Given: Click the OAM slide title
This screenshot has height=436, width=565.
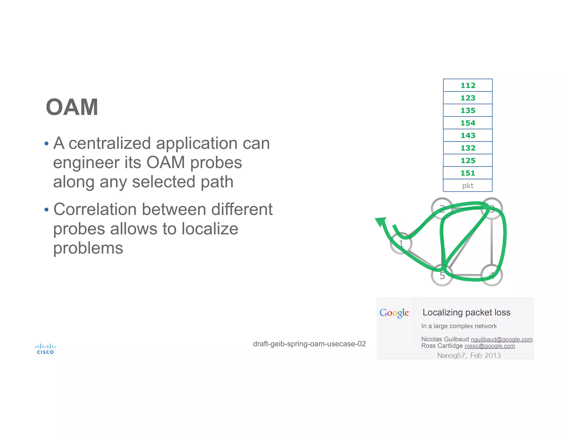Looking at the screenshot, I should point(72,107).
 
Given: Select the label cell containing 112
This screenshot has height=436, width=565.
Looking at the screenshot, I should point(468,85).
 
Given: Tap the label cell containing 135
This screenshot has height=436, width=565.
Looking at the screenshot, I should point(468,111).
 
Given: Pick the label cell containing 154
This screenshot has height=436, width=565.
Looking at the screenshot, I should point(468,123).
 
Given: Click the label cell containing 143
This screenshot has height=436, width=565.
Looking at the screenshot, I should point(468,136).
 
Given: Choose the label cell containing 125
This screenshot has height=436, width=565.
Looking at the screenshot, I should point(468,161).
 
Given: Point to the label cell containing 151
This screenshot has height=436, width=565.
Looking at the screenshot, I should point(468,173).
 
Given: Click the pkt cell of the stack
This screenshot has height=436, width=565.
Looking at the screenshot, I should point(468,186).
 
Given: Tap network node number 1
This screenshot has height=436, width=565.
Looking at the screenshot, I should point(401,243).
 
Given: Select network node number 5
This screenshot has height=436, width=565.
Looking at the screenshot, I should point(442,275).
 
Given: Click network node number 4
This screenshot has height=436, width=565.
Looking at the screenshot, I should point(492,275).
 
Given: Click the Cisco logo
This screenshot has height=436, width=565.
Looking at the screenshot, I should point(45,349).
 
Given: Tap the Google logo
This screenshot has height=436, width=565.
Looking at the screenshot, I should point(394,313).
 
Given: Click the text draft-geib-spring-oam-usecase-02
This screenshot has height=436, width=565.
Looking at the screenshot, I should point(309,344).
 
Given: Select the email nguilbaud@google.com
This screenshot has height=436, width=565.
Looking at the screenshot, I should point(501,339).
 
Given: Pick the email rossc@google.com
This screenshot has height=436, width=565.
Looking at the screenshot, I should point(489,346).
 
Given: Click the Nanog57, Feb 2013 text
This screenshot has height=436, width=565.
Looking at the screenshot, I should point(469,355).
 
